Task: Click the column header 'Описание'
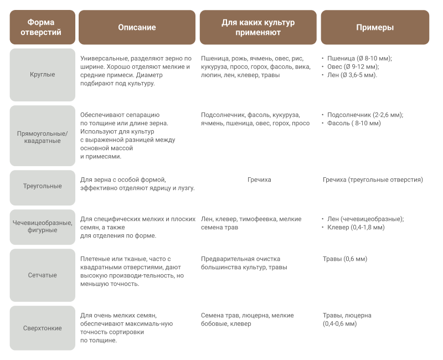(137, 27)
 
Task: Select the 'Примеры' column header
(375, 27)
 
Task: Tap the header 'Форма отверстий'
(41, 27)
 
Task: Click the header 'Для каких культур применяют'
(258, 27)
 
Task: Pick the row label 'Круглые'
(43, 75)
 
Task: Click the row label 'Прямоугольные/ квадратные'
(43, 137)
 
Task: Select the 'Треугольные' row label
(43, 186)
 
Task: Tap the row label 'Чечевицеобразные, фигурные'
(43, 227)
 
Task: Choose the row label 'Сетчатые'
(43, 275)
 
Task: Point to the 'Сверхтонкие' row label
(43, 328)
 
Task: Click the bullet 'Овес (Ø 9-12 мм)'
(353, 66)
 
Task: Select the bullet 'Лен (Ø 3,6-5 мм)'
(352, 75)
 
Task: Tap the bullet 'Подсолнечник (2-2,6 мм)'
(365, 115)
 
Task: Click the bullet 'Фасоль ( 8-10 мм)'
(354, 123)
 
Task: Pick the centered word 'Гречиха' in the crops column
(259, 179)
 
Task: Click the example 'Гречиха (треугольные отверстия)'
(373, 180)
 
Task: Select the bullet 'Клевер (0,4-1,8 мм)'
(356, 228)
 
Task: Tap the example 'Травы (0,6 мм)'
(344, 259)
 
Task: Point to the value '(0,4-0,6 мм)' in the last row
(339, 324)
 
